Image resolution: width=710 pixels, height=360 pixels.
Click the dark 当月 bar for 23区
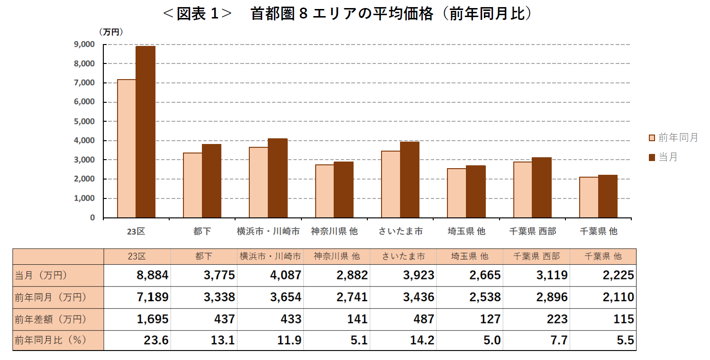coord(146,132)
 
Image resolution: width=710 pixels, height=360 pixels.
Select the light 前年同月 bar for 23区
coord(127,149)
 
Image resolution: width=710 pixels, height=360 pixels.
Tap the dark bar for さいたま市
coord(410,180)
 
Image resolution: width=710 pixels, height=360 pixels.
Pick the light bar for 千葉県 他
coord(589,197)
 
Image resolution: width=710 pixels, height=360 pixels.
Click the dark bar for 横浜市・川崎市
coord(278,178)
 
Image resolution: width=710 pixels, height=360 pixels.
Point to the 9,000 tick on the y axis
coord(84,45)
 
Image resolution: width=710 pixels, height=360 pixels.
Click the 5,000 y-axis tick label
coord(84,121)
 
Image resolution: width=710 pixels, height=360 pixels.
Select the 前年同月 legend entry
coord(673,137)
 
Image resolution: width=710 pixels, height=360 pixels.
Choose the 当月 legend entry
coord(663,157)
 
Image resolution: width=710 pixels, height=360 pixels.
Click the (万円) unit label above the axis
coord(111,32)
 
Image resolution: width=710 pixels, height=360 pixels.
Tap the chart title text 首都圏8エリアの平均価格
coord(342,14)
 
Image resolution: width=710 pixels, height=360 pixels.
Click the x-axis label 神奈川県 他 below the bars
coord(335,231)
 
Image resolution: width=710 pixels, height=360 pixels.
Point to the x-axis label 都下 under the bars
coord(202,231)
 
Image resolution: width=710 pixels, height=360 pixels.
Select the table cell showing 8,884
coord(153,275)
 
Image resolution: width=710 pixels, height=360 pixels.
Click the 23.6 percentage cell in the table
coord(156,341)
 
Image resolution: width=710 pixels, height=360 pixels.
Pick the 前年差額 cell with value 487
coord(423,319)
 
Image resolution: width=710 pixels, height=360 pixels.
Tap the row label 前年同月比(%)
coord(51,341)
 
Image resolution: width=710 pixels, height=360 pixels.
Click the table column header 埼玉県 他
coord(470,256)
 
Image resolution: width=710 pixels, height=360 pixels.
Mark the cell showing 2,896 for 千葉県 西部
coord(552,297)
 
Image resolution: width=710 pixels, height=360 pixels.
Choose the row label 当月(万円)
coord(41,275)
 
